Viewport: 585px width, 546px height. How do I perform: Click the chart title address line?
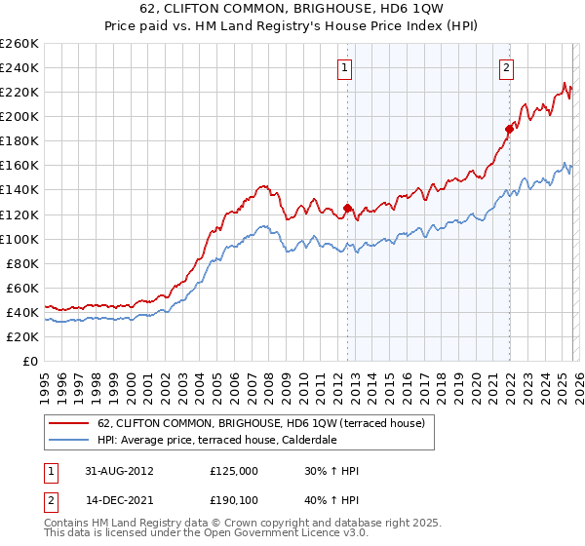click(x=292, y=9)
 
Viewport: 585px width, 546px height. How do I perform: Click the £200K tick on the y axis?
click(x=19, y=116)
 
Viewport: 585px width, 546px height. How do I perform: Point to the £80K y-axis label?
click(x=21, y=263)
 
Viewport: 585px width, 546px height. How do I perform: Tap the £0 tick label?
click(x=29, y=361)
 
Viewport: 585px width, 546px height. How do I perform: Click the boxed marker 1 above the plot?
click(x=346, y=67)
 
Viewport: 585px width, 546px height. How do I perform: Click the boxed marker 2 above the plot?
click(x=507, y=67)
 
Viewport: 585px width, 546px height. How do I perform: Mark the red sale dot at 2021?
click(x=508, y=128)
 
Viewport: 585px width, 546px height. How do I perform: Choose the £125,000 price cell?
click(x=234, y=470)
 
